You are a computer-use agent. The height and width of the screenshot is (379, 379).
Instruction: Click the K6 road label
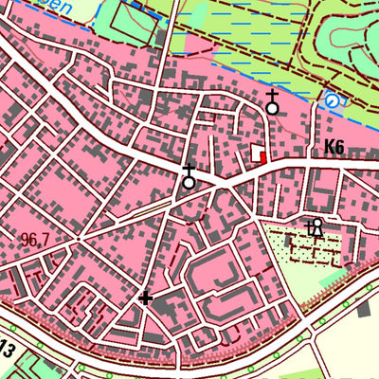tap(333, 147)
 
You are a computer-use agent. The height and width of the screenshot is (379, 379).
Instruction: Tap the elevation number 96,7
tap(33, 240)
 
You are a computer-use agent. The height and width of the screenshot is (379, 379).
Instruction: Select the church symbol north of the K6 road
tap(273, 103)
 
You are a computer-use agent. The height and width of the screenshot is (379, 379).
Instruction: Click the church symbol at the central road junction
tap(189, 176)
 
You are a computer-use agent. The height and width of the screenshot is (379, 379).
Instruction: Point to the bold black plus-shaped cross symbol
tap(145, 298)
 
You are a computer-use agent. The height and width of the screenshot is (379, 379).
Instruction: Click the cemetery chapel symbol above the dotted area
tap(316, 226)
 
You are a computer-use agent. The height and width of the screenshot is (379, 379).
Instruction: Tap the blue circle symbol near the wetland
tap(331, 100)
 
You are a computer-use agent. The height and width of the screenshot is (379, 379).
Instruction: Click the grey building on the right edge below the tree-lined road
tap(365, 309)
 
